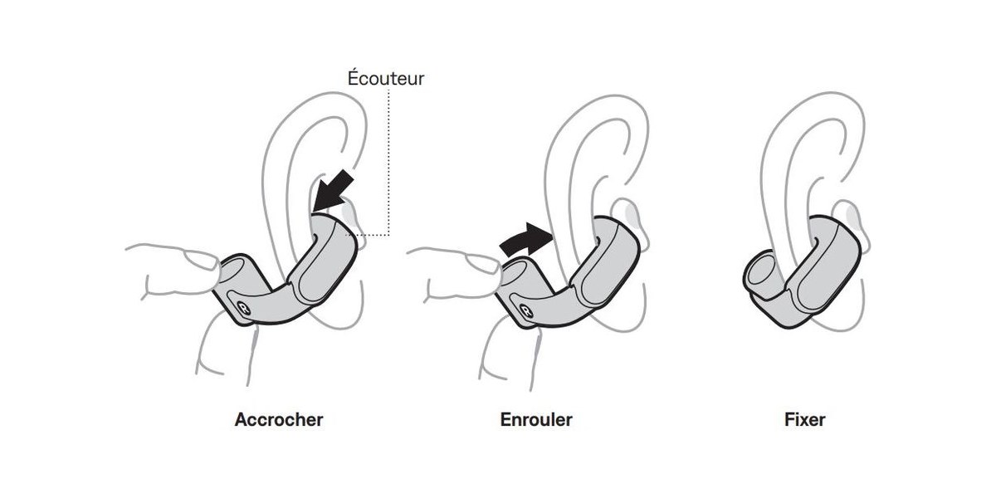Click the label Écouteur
(x=385, y=78)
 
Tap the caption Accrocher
(x=279, y=420)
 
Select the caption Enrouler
(x=536, y=420)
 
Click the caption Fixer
(x=805, y=420)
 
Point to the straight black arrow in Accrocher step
(x=333, y=191)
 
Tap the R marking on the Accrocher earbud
(x=243, y=308)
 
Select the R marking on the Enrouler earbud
(x=525, y=311)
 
